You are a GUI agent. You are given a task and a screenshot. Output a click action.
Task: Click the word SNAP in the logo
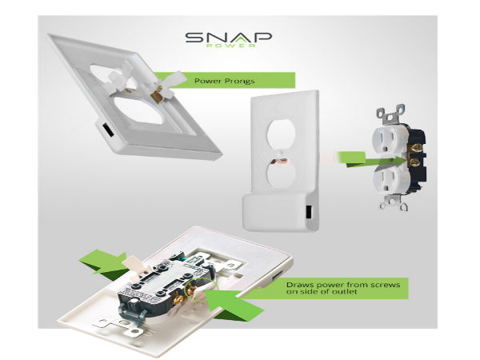(228, 38)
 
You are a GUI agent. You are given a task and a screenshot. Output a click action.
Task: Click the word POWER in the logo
(231, 46)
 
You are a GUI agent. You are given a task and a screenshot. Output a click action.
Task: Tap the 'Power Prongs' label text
(224, 81)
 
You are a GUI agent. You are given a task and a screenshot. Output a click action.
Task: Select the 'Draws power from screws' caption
(343, 285)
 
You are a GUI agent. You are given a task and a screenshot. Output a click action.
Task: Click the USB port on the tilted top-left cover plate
(107, 130)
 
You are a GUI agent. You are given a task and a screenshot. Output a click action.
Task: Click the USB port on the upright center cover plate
(309, 211)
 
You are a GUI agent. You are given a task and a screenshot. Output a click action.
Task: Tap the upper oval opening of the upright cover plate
(281, 134)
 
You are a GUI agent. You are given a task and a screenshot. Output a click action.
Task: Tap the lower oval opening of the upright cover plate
(281, 175)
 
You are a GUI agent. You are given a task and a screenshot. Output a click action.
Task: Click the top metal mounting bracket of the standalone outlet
(391, 114)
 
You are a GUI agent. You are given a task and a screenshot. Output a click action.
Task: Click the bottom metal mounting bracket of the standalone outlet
(393, 202)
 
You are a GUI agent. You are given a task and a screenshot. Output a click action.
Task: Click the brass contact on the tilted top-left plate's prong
(158, 94)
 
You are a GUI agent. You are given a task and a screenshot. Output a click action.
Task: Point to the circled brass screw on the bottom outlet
(193, 288)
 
